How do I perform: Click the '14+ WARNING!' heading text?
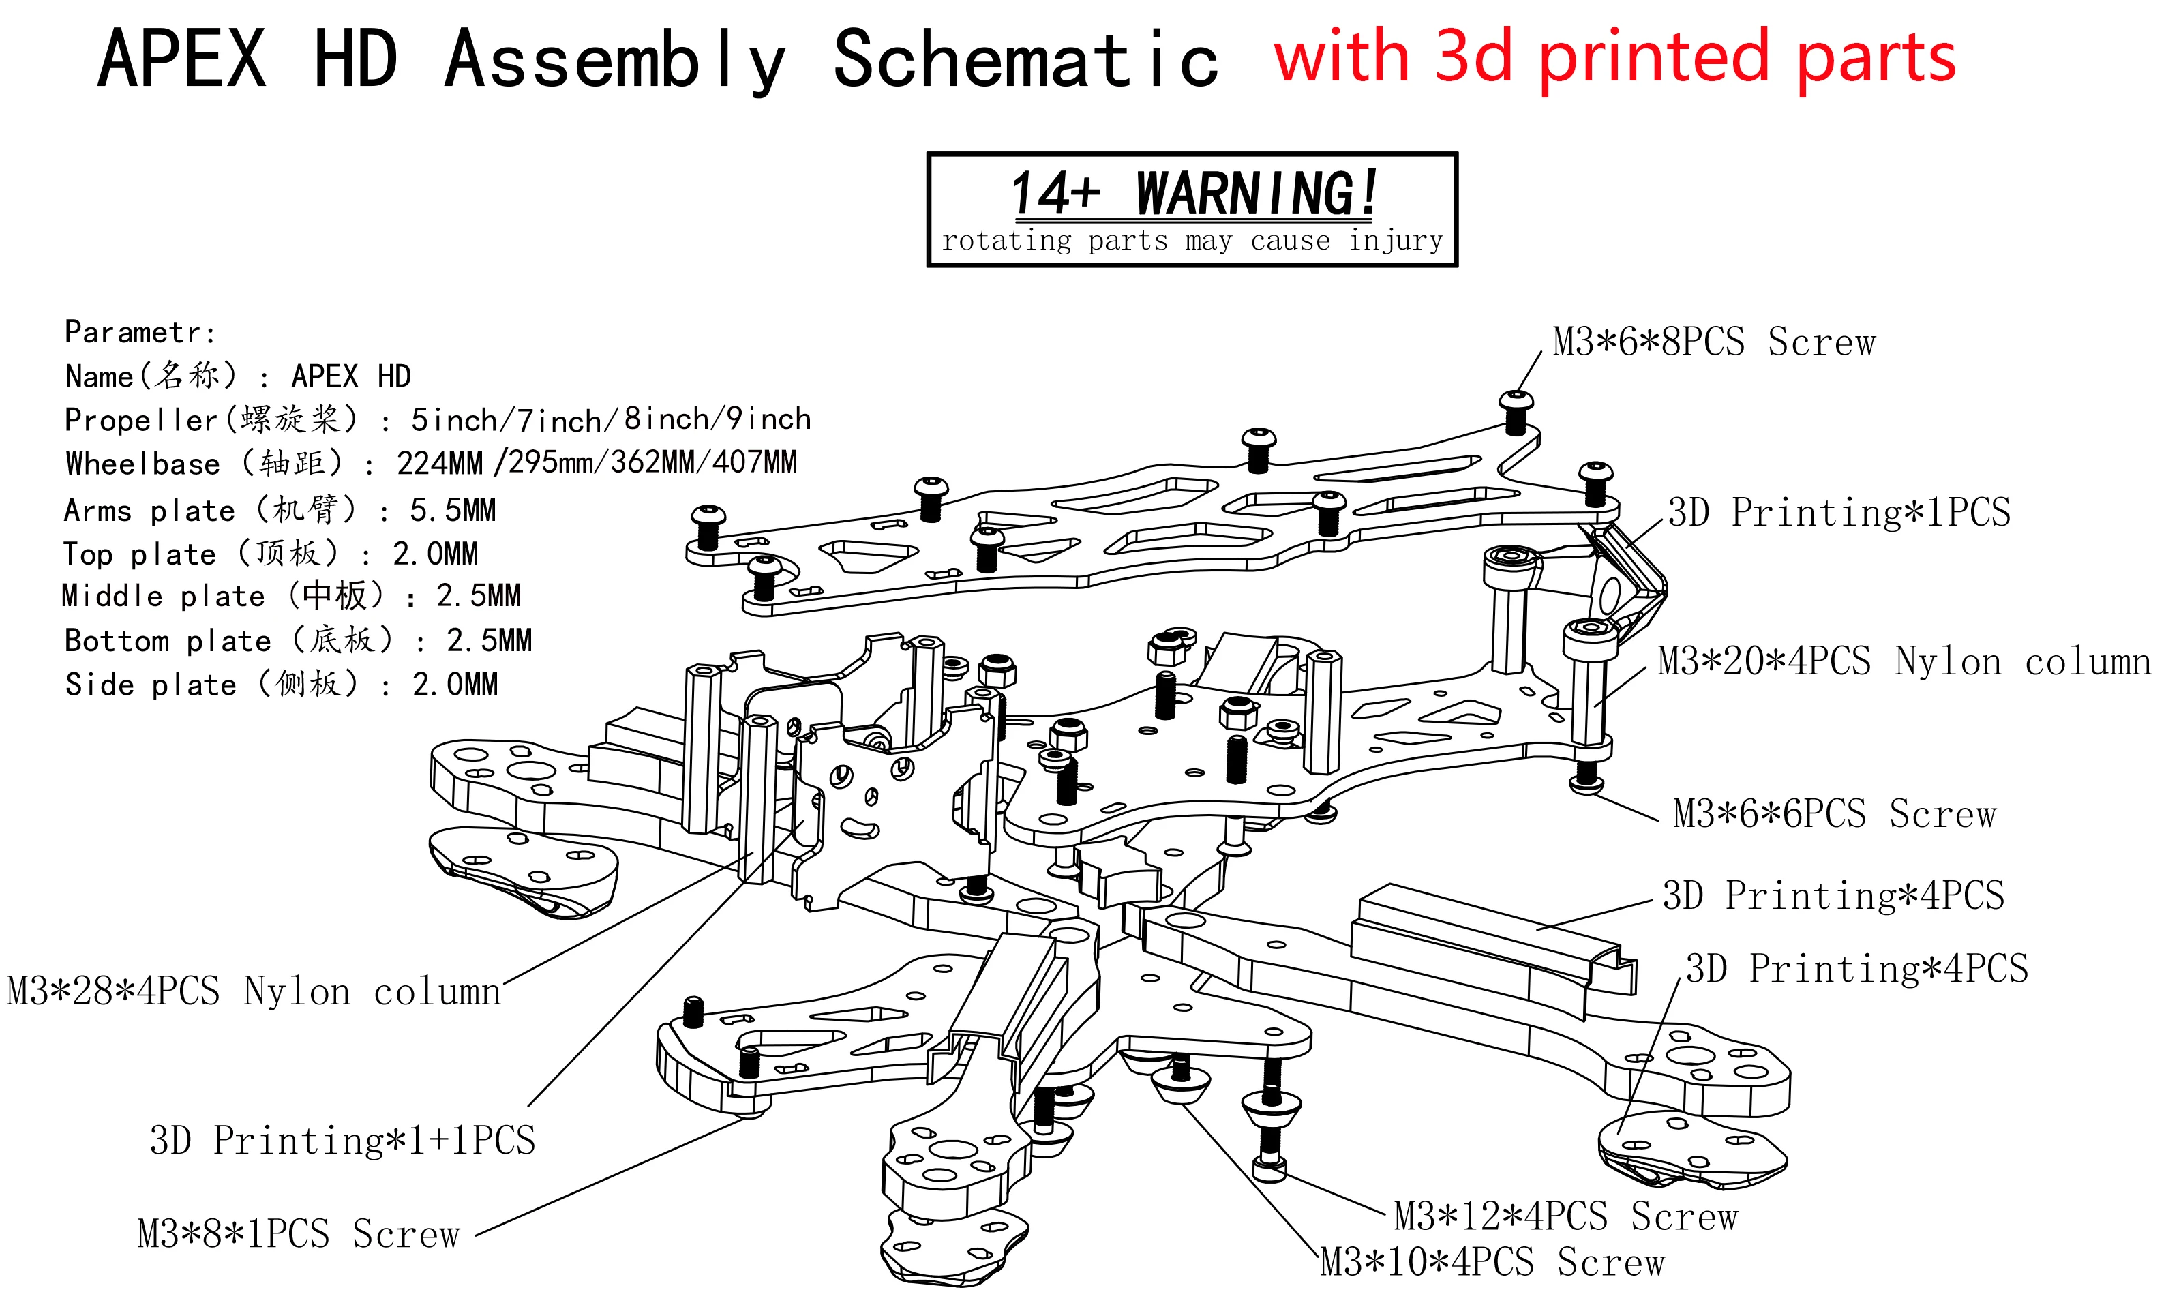[x=1192, y=192]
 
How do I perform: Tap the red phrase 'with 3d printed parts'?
[x=1614, y=57]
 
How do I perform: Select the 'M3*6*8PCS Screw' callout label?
[x=1713, y=342]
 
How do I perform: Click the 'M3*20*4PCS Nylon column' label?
[x=1904, y=662]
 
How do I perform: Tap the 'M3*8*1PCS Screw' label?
[x=298, y=1234]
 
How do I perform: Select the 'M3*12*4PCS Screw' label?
[x=1565, y=1217]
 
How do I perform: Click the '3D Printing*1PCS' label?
[x=1839, y=513]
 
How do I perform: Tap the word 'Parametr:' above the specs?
[x=140, y=332]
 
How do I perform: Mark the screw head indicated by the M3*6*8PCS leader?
[x=1516, y=402]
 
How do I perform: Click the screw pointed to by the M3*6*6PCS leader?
[x=1586, y=781]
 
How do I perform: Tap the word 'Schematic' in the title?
[x=1026, y=59]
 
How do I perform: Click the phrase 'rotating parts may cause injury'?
[x=1192, y=240]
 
